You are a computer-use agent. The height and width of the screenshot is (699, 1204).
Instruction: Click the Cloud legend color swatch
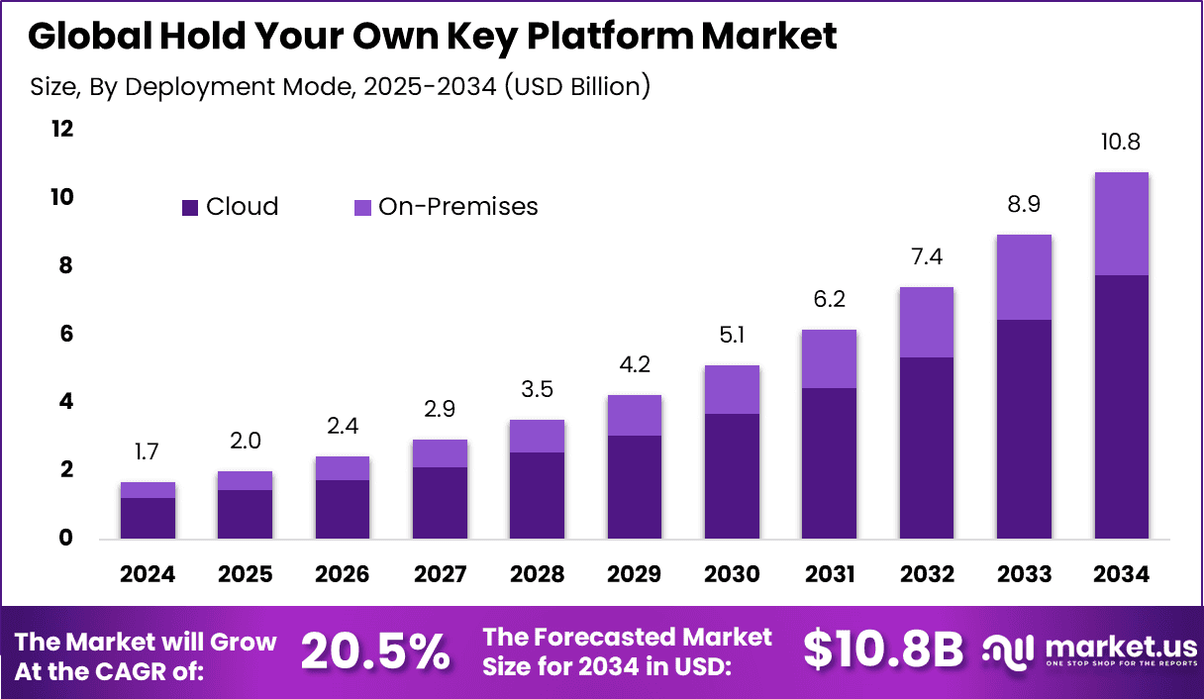tap(190, 207)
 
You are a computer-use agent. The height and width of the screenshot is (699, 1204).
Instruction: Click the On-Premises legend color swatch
tap(362, 207)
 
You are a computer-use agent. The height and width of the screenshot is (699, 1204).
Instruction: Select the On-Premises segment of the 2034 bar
tap(1122, 224)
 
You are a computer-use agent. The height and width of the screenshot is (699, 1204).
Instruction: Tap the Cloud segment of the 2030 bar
tap(732, 476)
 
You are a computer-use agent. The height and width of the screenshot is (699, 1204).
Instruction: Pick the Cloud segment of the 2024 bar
tap(148, 518)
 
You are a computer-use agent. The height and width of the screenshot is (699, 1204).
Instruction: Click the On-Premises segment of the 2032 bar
tap(927, 322)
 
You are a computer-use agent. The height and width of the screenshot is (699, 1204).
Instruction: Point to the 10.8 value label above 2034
tap(1122, 143)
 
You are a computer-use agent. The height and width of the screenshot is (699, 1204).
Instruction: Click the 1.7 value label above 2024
tap(148, 452)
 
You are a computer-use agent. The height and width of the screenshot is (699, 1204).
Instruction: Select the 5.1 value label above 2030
tap(732, 336)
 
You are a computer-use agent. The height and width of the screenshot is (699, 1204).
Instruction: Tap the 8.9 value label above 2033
tap(1024, 205)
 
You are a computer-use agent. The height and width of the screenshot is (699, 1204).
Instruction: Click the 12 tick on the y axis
tap(62, 130)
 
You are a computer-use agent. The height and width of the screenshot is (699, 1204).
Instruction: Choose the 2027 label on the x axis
tap(440, 575)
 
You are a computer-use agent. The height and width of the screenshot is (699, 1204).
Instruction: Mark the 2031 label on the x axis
tap(829, 575)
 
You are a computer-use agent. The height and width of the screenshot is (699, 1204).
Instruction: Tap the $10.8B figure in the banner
tap(882, 650)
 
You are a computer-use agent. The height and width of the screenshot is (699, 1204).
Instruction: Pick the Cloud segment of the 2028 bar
tap(537, 496)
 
